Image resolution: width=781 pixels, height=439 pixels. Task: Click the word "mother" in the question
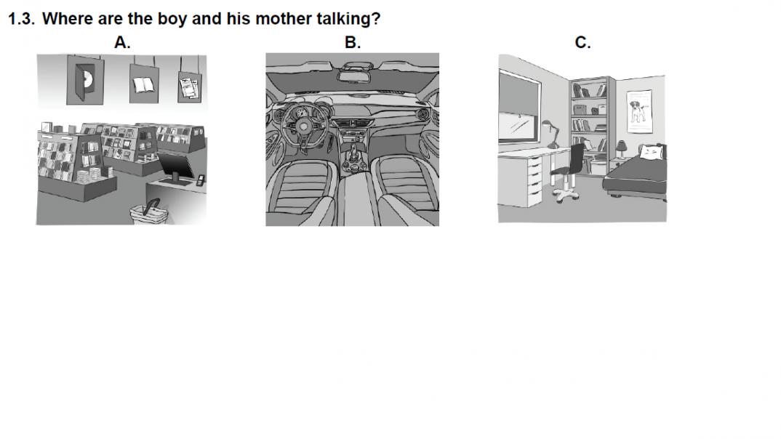click(x=283, y=18)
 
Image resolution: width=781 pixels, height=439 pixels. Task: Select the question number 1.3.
click(x=21, y=19)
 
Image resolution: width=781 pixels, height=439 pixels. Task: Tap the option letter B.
click(x=352, y=42)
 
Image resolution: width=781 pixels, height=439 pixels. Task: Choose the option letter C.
click(x=582, y=42)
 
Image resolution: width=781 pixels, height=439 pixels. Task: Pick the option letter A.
click(x=122, y=42)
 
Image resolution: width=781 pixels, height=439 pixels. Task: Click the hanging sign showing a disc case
click(x=85, y=80)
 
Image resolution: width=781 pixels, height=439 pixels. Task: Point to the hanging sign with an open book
click(x=144, y=83)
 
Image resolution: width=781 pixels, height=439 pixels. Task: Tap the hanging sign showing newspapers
click(x=190, y=86)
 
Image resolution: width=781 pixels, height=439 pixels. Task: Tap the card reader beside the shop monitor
click(x=200, y=180)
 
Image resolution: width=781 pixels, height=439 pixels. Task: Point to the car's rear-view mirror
click(x=353, y=76)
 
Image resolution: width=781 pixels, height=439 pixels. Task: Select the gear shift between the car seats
click(x=353, y=156)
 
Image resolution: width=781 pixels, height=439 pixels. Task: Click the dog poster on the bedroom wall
click(x=639, y=111)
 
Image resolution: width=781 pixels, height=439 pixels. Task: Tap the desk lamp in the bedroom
click(x=551, y=134)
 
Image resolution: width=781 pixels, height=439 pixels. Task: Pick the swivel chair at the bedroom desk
click(x=569, y=172)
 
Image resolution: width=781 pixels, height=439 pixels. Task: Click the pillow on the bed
click(x=652, y=152)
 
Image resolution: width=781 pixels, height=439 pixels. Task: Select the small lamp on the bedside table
click(x=621, y=149)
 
